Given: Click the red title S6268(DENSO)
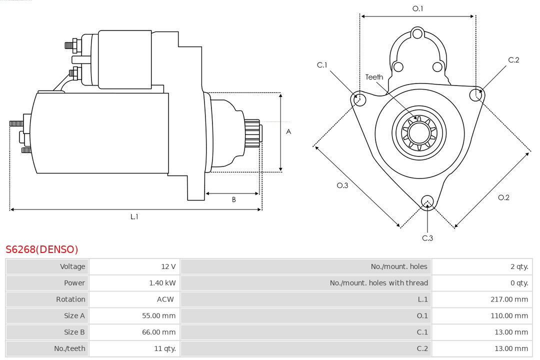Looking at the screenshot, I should [x=42, y=249].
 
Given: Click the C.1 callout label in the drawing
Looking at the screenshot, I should [x=322, y=65].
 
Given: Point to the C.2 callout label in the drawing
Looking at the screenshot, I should [x=513, y=60].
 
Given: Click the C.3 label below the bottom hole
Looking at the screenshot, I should [x=427, y=238].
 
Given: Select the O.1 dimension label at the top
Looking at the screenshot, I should [x=417, y=8].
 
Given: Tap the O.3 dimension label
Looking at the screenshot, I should [x=342, y=185].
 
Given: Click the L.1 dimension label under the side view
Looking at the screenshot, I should [x=134, y=216].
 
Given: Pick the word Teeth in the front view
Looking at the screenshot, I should [x=374, y=77].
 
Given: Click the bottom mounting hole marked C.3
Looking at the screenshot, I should [x=427, y=201].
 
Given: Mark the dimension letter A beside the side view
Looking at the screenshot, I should [x=288, y=131].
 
